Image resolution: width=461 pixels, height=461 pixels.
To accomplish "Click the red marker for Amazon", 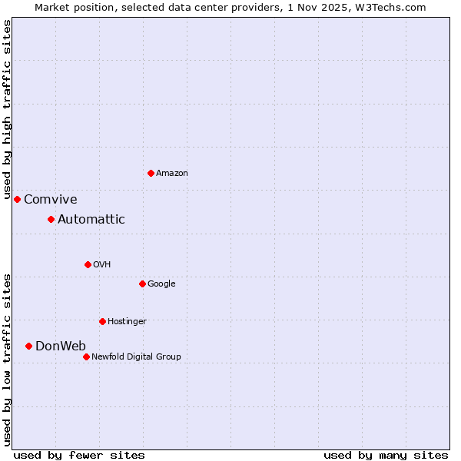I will tap(151, 173).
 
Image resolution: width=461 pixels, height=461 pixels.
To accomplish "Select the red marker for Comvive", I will tap(17, 199).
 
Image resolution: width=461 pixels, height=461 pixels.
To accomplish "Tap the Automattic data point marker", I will tap(51, 220).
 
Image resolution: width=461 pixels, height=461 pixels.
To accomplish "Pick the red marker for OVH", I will tap(88, 264).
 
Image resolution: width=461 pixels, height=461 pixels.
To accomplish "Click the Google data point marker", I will tap(142, 284).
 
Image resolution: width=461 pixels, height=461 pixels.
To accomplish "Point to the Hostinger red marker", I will tap(102, 321).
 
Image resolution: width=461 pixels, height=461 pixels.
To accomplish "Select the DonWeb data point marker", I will tap(28, 346).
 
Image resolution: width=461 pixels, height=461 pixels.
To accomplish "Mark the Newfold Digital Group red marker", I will tap(86, 357).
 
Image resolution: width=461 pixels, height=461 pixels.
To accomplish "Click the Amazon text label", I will tap(172, 174).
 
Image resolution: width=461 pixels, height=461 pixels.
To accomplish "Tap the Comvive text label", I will tap(51, 200).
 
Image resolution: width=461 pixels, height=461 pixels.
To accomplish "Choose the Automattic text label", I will tap(91, 220).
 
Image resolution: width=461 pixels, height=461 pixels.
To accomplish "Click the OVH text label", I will tap(102, 265).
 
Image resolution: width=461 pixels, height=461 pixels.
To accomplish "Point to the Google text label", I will tap(161, 284).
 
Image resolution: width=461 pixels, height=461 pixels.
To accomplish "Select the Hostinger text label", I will tap(127, 321).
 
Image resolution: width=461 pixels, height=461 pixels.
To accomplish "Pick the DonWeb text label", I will tap(61, 346).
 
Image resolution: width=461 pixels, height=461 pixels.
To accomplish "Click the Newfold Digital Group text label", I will tap(136, 357).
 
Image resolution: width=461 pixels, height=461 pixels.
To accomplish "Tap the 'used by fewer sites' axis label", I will tap(79, 455).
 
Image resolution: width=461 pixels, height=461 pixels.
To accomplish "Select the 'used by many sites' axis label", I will tap(386, 455).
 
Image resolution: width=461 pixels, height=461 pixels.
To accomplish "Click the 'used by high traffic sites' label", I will tap(7, 111).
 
